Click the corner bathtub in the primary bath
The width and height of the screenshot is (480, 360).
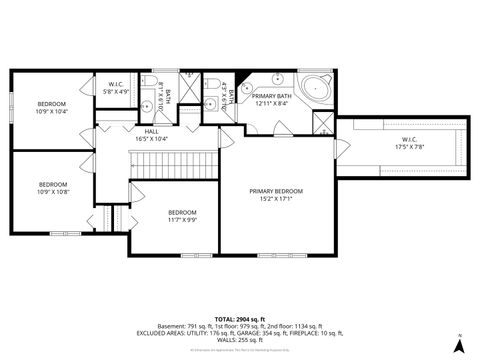pyautogui.click(x=319, y=87)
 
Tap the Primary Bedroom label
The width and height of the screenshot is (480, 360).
pyautogui.click(x=275, y=194)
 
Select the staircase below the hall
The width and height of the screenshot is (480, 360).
pyautogui.click(x=175, y=159)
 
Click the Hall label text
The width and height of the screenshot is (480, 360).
pyautogui.click(x=151, y=134)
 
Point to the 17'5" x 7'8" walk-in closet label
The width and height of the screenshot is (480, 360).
pyautogui.click(x=408, y=143)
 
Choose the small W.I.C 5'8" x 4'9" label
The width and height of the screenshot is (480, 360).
pyautogui.click(x=116, y=87)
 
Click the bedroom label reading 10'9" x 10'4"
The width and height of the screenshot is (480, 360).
pyautogui.click(x=52, y=107)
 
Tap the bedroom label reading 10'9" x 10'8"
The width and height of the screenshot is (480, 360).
pyautogui.click(x=53, y=187)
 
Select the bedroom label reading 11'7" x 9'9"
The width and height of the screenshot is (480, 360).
pyautogui.click(x=182, y=215)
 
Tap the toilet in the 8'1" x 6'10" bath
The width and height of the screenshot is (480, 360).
pyautogui.click(x=147, y=79)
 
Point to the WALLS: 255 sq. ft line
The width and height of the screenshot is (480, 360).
pyautogui.click(x=240, y=340)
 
